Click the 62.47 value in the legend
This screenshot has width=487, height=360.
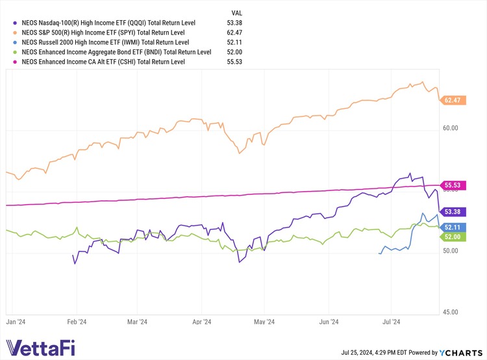pyautogui.click(x=242, y=32)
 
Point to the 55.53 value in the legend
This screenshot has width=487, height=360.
pyautogui.click(x=242, y=62)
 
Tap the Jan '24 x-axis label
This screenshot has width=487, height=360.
pyautogui.click(x=15, y=321)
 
